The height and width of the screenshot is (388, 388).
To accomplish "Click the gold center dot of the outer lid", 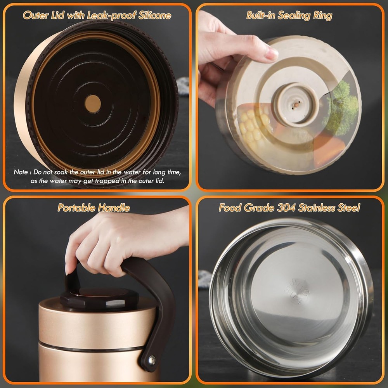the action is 93,104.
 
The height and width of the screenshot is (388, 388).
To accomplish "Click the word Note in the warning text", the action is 21,172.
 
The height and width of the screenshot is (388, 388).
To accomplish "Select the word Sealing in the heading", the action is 294,16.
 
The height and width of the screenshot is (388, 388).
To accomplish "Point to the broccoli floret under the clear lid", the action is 341,109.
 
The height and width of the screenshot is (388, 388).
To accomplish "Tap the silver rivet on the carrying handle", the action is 152,360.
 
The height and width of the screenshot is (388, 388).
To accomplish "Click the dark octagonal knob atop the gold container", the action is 99,298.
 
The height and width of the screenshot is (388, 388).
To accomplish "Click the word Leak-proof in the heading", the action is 112,16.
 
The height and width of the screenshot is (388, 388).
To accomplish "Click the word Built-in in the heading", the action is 261,16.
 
